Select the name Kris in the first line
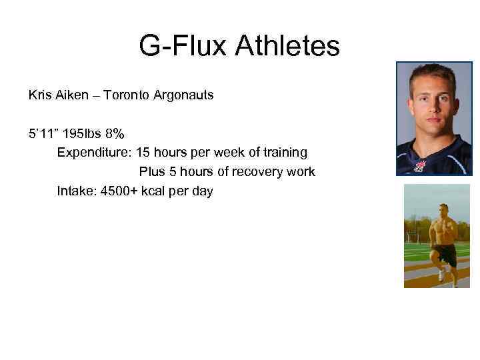39,95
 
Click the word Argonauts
183,95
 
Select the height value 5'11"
41,133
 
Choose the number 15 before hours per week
143,153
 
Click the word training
285,153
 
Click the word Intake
75,191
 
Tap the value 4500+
118,191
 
